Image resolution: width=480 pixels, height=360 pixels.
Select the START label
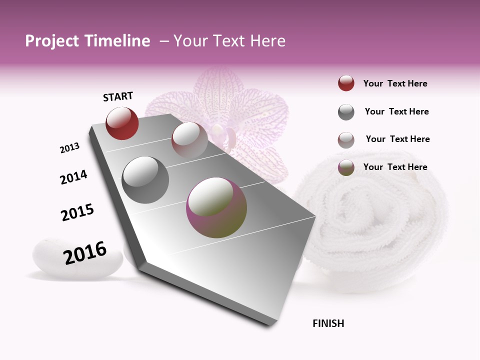118,96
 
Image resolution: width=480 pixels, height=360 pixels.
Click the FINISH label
328,323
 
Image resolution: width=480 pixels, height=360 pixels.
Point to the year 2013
69,148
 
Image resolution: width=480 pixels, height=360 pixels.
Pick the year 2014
73,177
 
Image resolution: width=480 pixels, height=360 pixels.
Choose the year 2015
77,212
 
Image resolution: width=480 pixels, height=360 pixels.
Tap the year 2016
85,253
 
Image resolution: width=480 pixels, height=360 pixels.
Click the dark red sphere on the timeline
122,123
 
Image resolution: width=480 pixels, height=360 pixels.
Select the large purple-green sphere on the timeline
216,207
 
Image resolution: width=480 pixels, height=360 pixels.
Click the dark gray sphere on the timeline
145,180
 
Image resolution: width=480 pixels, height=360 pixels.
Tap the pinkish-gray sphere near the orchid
189,140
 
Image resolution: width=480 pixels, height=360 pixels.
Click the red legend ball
346,83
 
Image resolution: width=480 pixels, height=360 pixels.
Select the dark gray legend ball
346,112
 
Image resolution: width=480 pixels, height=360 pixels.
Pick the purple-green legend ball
346,167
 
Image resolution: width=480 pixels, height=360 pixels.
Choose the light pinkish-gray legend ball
346,140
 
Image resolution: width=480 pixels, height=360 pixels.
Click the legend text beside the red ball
395,83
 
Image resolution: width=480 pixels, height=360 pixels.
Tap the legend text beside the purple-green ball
395,167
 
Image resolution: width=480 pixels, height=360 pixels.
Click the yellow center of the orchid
218,131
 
